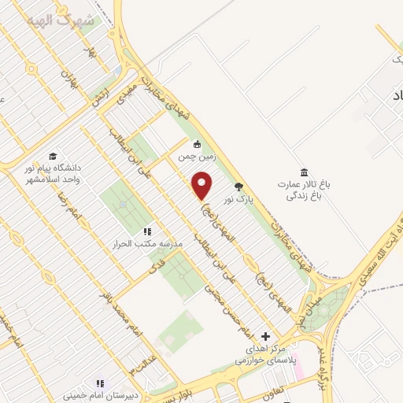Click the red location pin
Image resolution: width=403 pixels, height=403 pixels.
click(203, 187)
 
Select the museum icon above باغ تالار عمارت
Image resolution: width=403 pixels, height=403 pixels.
click(304, 172)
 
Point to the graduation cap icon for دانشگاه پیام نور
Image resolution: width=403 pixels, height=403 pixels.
click(53, 156)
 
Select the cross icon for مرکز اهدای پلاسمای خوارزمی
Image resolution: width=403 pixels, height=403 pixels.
click(264, 336)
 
